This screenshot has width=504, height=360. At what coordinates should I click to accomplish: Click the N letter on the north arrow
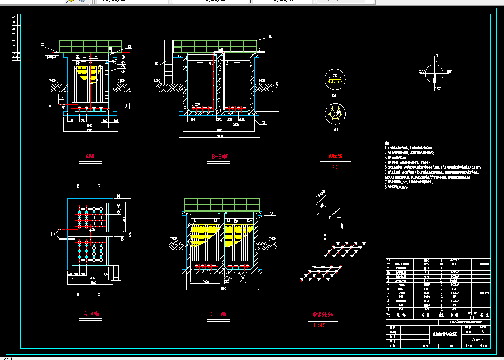point(437,55)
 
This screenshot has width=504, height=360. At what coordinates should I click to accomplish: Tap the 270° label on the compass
point(422,72)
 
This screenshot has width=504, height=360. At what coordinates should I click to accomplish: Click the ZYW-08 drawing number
point(478,339)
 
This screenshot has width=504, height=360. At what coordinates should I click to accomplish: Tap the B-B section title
point(220,157)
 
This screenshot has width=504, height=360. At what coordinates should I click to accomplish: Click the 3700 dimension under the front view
point(90,131)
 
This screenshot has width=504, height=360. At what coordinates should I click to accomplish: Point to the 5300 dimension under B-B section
point(219,136)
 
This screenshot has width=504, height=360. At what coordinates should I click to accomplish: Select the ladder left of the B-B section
point(169,68)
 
